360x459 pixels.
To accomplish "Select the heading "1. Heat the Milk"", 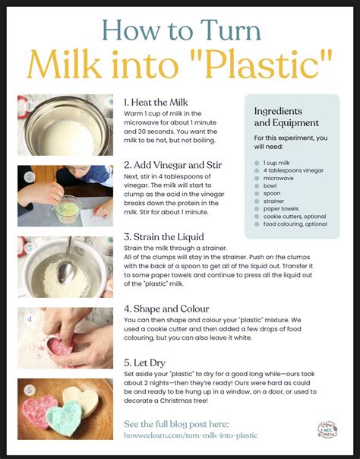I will pyautogui.click(x=156, y=101).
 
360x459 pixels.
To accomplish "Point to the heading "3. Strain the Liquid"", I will pyautogui.click(x=164, y=236).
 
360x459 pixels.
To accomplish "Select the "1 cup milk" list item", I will pyautogui.click(x=278, y=163).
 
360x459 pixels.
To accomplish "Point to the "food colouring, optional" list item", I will pyautogui.click(x=295, y=224).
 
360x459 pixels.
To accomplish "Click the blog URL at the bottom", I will pyautogui.click(x=190, y=435).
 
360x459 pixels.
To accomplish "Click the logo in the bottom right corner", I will pyautogui.click(x=327, y=429).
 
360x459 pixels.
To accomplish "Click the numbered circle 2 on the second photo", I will pyautogui.click(x=29, y=177).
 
